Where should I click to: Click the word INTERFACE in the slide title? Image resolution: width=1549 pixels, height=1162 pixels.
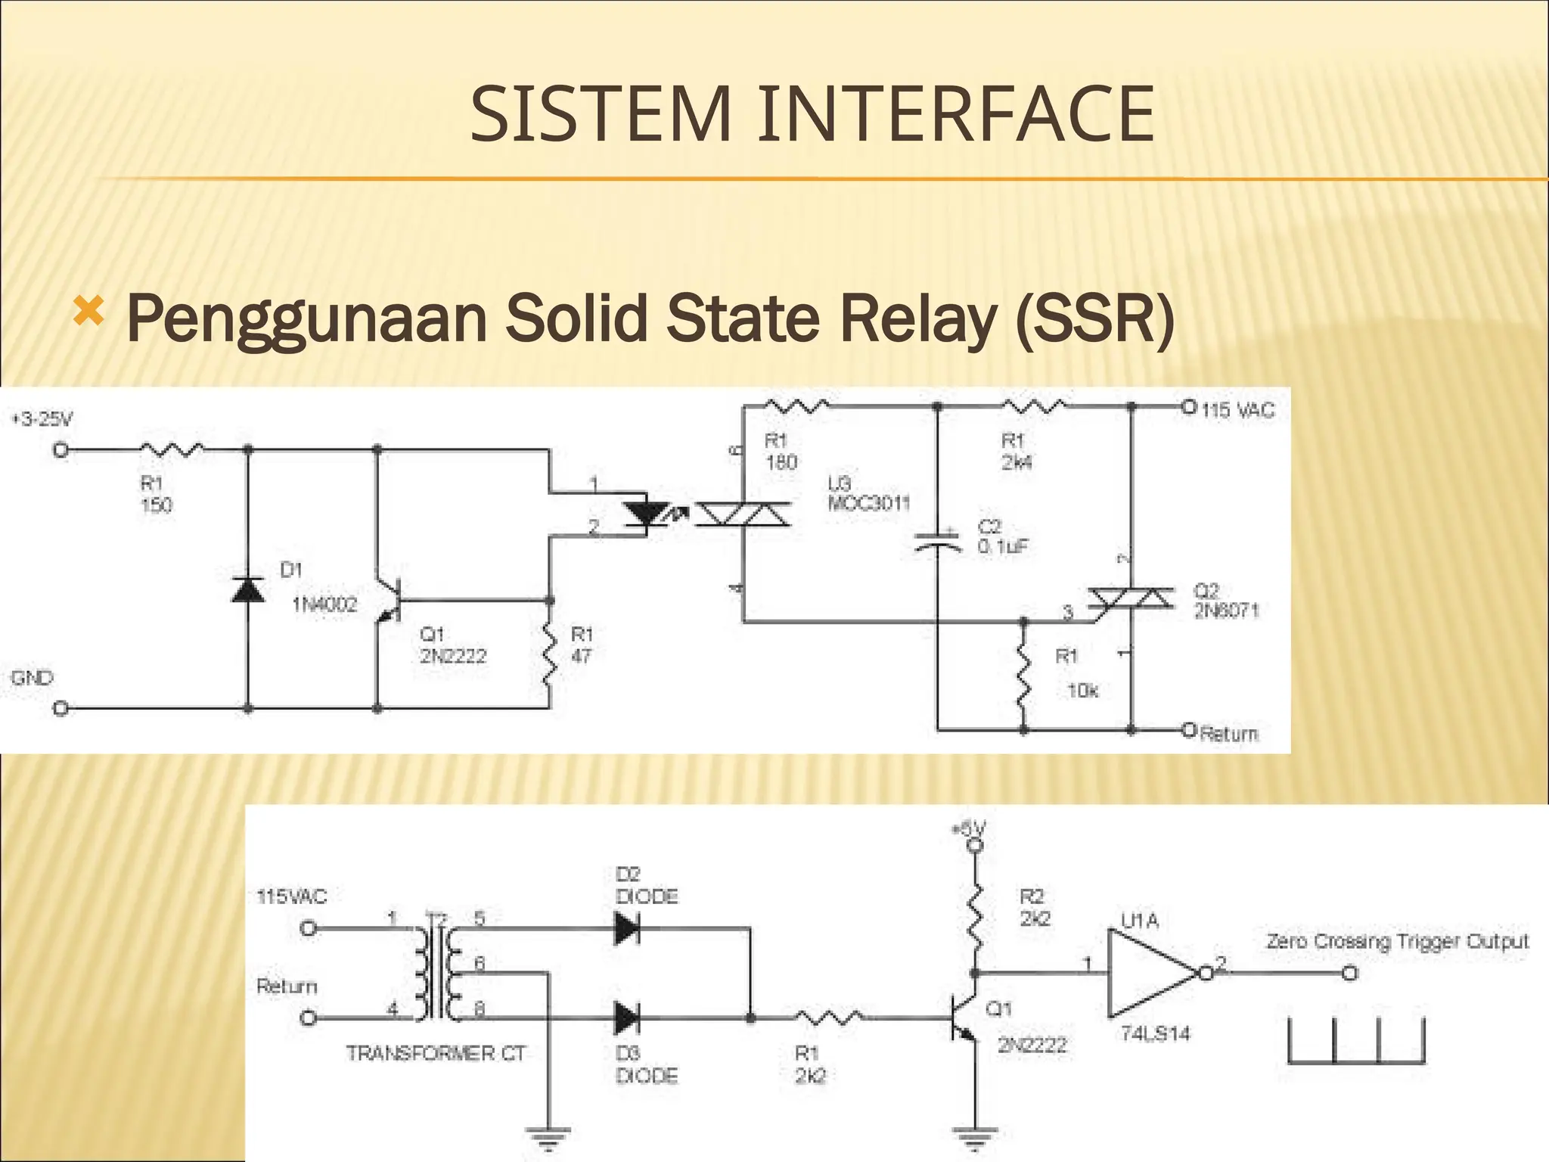click(x=956, y=115)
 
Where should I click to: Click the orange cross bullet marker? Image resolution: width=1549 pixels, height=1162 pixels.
click(x=88, y=311)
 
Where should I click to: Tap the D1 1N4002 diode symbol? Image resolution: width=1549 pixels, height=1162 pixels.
click(x=248, y=589)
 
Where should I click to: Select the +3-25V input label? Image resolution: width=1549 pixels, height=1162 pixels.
click(x=42, y=419)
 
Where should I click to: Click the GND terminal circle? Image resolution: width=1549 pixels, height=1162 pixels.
click(x=61, y=709)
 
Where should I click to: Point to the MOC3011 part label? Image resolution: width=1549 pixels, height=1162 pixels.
click(x=869, y=504)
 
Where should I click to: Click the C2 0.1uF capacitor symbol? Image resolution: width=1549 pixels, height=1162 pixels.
click(x=937, y=540)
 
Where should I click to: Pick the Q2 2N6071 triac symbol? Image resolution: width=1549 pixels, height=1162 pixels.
click(x=1131, y=599)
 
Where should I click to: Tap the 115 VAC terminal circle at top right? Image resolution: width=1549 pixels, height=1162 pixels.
click(x=1188, y=406)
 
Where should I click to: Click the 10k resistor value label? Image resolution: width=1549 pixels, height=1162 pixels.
click(x=1082, y=691)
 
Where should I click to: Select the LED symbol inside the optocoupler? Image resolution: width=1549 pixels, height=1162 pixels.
click(x=645, y=515)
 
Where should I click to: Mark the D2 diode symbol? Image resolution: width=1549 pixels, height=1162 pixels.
click(x=628, y=927)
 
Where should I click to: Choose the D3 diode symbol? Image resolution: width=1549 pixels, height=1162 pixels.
click(x=628, y=1018)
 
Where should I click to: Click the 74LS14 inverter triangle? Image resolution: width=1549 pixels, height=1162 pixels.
click(x=1150, y=973)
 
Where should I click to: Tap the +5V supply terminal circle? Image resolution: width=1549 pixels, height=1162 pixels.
click(x=976, y=845)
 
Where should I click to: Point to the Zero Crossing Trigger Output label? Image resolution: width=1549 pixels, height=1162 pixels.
click(x=1397, y=942)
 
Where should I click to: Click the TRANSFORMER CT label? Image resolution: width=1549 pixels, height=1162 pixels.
click(x=436, y=1053)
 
